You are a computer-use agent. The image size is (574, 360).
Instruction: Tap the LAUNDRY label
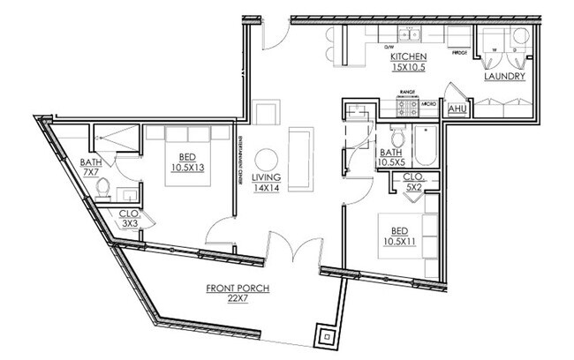point(505,77)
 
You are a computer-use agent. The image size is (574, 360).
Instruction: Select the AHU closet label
point(457,109)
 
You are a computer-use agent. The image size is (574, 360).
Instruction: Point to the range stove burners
point(409,109)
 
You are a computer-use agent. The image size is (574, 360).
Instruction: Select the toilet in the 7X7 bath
point(104,187)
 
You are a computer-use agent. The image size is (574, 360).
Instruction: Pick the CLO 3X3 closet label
point(130,217)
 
